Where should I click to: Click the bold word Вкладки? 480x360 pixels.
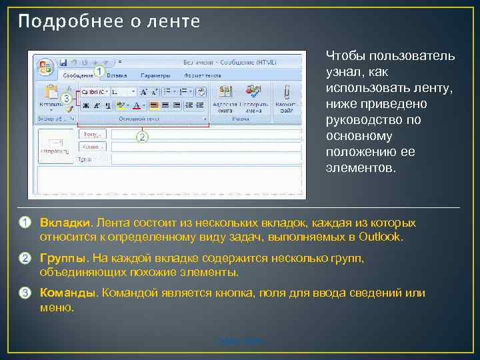coord(64,223)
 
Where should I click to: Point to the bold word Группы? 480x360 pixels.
coord(63,259)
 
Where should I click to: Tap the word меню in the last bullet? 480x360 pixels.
coord(56,308)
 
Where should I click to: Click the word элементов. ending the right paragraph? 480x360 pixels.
coord(361,168)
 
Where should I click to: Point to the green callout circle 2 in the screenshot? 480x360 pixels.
coord(141,136)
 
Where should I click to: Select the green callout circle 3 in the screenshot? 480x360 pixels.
coord(66,97)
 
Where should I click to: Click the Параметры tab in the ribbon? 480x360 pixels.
coord(155,76)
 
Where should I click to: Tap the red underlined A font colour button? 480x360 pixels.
coord(137,105)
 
